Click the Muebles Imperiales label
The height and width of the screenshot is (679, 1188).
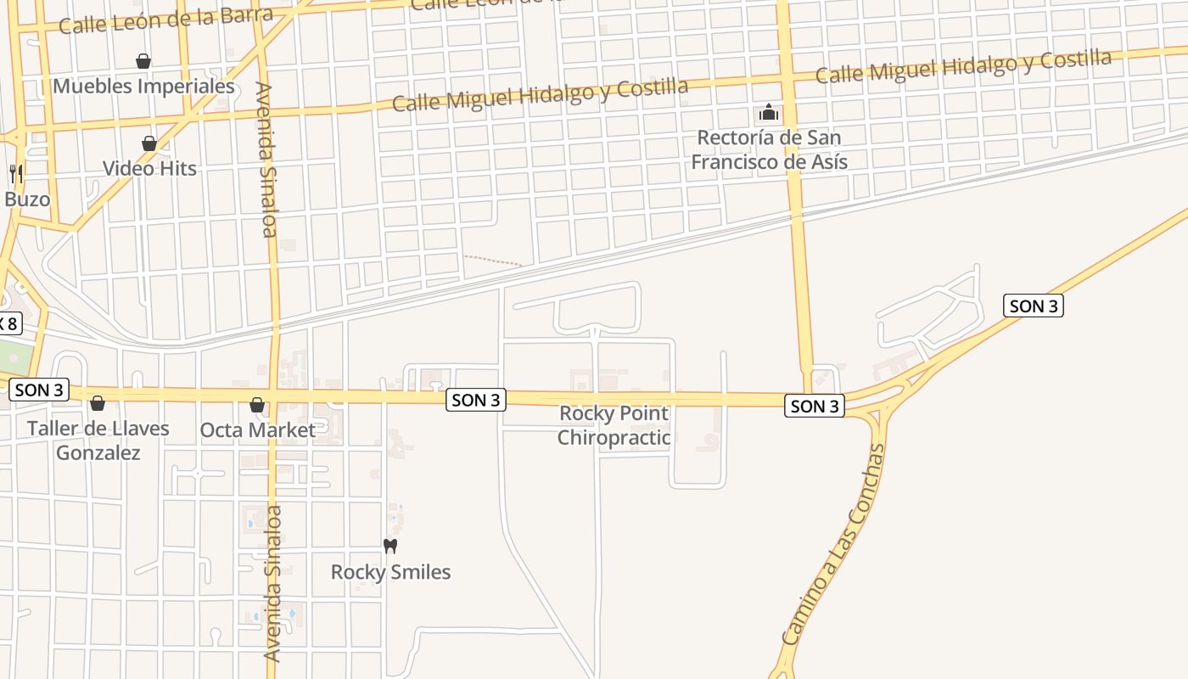pos(143,86)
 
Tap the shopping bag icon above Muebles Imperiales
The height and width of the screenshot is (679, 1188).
pos(143,61)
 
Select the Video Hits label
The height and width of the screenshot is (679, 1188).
pos(149,168)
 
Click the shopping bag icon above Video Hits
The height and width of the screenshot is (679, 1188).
pos(149,143)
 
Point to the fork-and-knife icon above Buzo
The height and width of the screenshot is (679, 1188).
pos(15,175)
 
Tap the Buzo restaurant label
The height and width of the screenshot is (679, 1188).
pos(27,199)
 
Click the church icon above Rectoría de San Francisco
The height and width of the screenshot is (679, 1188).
pos(769,112)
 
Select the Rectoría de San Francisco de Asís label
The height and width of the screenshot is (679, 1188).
pos(769,149)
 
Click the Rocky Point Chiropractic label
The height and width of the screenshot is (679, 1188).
pos(614,425)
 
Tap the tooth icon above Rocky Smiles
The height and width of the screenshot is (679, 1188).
pos(390,546)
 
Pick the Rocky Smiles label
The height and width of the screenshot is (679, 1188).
pos(390,572)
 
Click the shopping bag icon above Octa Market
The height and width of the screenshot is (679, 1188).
pos(257,406)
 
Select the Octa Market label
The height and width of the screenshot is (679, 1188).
pos(257,430)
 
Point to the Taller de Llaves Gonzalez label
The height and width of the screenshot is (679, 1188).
pos(98,440)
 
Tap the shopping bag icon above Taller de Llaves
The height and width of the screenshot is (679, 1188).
pos(98,403)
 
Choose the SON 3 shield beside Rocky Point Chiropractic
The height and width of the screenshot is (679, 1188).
pos(475,400)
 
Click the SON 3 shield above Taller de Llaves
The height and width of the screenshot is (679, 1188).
pos(38,390)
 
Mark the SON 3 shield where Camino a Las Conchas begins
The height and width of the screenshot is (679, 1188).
pos(814,407)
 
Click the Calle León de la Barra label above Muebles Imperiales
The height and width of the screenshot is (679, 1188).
pos(166,20)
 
